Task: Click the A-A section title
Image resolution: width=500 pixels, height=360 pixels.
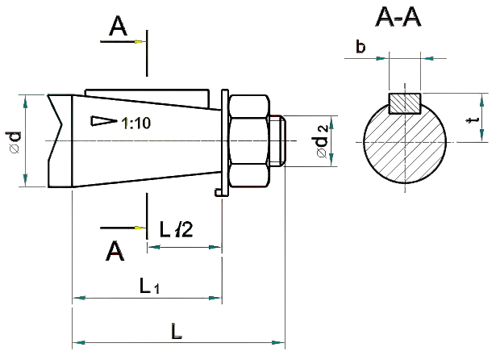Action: click(x=398, y=19)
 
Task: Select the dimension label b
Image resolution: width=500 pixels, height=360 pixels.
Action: click(x=361, y=47)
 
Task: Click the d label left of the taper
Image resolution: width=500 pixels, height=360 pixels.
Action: click(x=13, y=141)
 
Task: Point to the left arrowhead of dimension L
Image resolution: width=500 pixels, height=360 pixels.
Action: click(x=80, y=344)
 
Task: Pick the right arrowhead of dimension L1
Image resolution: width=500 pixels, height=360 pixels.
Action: click(x=214, y=299)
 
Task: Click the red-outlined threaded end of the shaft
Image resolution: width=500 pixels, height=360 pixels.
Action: click(x=277, y=141)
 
